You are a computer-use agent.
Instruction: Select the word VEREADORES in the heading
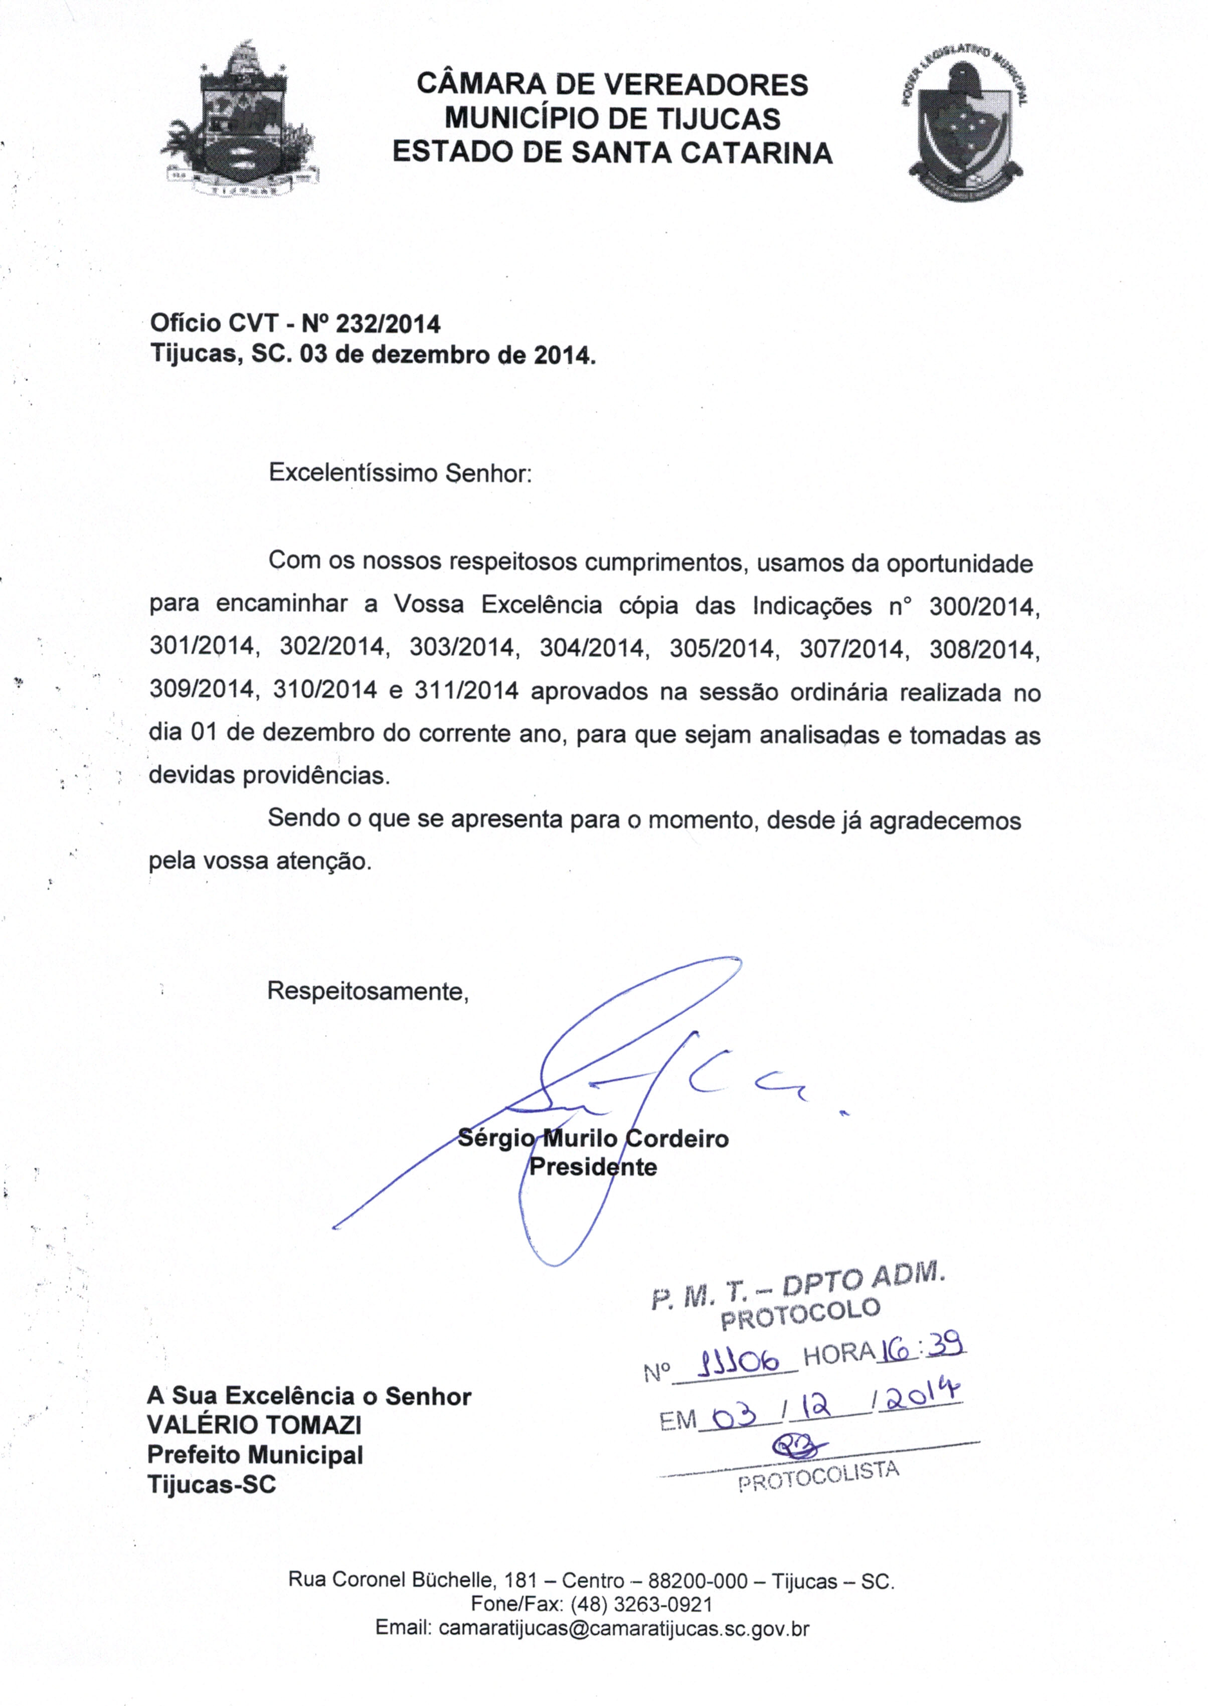pos(705,85)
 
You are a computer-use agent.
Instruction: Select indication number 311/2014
pos(466,692)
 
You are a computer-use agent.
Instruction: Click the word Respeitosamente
pos(368,991)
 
